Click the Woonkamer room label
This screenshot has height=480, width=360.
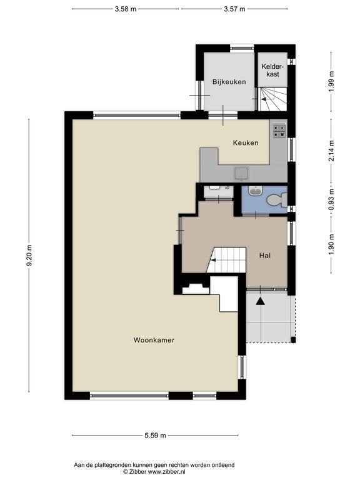(154, 340)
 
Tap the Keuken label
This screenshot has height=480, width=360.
(246, 142)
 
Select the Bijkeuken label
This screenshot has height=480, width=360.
(229, 82)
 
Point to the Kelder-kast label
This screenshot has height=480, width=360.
(272, 70)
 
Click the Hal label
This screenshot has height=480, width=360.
(265, 255)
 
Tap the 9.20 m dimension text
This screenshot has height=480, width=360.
(29, 255)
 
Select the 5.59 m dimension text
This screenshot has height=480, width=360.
(155, 435)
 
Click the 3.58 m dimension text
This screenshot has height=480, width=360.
(126, 9)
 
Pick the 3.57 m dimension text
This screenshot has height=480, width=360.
(234, 9)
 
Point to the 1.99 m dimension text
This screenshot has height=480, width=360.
(331, 81)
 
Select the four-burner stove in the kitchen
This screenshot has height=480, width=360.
(279, 131)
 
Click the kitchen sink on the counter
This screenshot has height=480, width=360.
(242, 174)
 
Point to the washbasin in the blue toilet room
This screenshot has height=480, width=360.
(255, 191)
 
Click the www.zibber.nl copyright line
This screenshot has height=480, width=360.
(154, 472)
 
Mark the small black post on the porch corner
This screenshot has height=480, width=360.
(293, 340)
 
